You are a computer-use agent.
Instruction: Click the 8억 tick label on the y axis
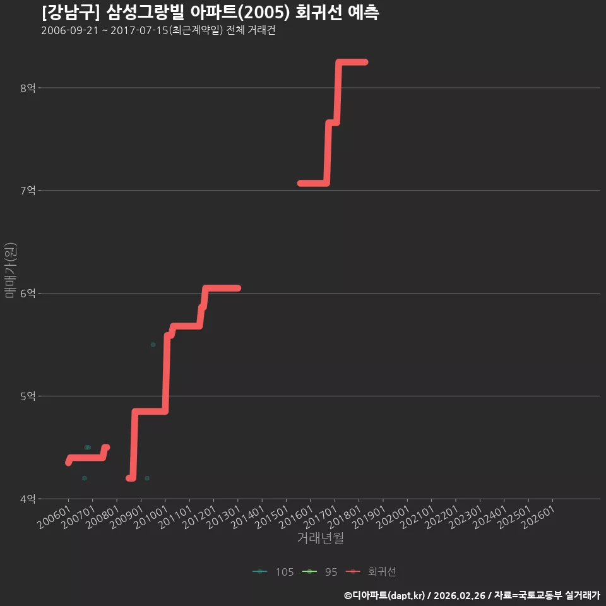(x=28, y=88)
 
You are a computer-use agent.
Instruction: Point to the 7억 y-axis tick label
(x=28, y=191)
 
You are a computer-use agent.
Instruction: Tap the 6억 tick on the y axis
(x=28, y=294)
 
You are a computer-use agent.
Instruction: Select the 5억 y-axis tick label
(x=28, y=396)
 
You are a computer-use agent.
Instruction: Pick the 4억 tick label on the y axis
(x=28, y=499)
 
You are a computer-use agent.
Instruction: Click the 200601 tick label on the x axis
(x=54, y=517)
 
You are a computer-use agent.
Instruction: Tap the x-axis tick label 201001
(x=151, y=517)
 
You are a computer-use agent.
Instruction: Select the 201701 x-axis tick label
(x=321, y=517)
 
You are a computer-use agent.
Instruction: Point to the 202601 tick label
(x=538, y=517)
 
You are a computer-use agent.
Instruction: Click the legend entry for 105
(x=273, y=572)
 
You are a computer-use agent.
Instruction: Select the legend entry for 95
(x=319, y=572)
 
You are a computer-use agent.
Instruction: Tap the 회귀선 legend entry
(x=371, y=572)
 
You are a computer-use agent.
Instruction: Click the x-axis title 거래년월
(x=321, y=538)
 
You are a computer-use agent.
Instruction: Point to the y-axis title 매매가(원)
(x=11, y=270)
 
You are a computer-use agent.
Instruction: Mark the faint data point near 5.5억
(x=153, y=345)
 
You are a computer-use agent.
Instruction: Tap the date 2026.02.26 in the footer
(x=460, y=595)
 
